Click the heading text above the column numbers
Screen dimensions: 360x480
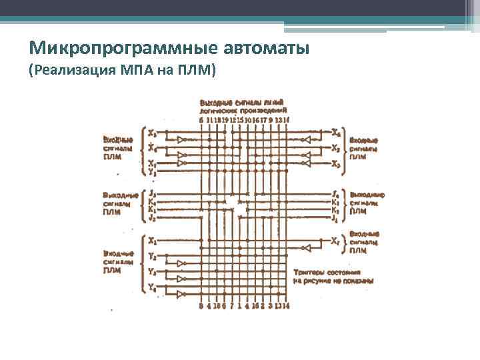[243, 106]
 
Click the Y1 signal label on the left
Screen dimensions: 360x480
[153, 172]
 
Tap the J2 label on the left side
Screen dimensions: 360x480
[153, 218]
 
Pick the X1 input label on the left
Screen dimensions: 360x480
[153, 241]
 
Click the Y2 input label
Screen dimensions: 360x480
[153, 257]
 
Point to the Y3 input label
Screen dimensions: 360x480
[153, 272]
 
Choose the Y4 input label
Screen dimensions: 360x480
[153, 287]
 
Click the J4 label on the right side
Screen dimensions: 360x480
[335, 193]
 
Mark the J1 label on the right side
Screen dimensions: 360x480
[335, 217]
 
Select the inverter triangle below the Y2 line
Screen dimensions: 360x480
[181, 263]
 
